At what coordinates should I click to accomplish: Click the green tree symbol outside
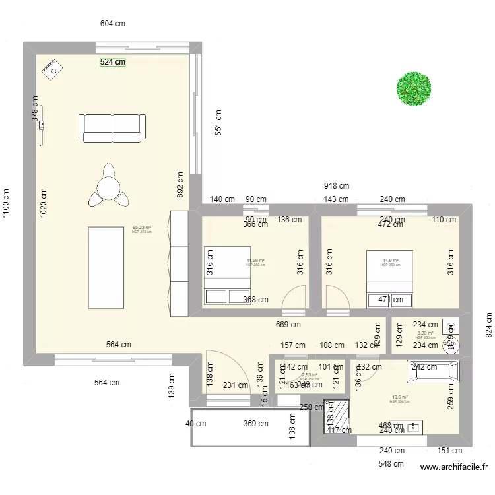tap(414, 88)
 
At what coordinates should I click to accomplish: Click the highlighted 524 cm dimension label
tap(112, 62)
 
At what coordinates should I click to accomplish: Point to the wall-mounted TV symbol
tap(42, 125)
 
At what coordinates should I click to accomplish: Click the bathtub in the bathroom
tap(433, 372)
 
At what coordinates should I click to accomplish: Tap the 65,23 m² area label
tap(141, 228)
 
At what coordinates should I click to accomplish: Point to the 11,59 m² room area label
tap(255, 261)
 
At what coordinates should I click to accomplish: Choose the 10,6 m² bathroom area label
tap(399, 397)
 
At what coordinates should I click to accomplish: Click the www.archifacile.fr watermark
tap(455, 467)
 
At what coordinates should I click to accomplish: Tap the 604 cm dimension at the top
tap(113, 24)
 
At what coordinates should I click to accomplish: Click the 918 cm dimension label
tap(337, 187)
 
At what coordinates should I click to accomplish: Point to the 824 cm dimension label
tap(488, 323)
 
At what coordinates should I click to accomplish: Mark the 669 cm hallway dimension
tap(288, 324)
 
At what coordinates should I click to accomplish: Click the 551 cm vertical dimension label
tap(218, 123)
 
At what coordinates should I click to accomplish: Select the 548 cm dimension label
tap(391, 463)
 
